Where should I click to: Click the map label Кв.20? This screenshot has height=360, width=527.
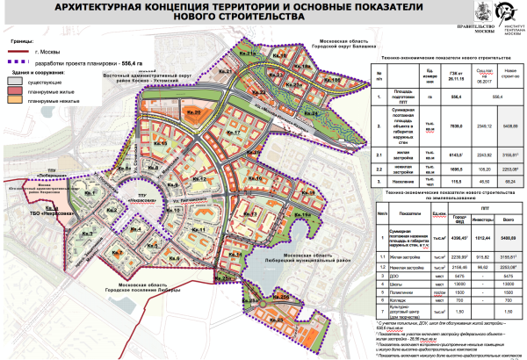pyautogui.click(x=194, y=113)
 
